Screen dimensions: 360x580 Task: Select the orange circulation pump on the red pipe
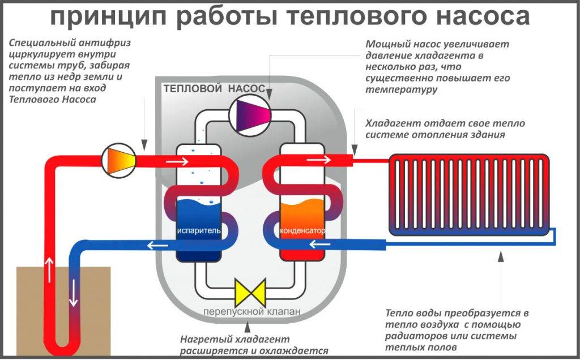[x=118, y=158]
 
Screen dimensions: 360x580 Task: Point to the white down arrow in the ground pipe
[x=73, y=295]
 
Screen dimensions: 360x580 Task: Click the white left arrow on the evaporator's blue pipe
[x=156, y=245]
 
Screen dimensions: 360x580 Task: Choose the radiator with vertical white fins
[x=468, y=194]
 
